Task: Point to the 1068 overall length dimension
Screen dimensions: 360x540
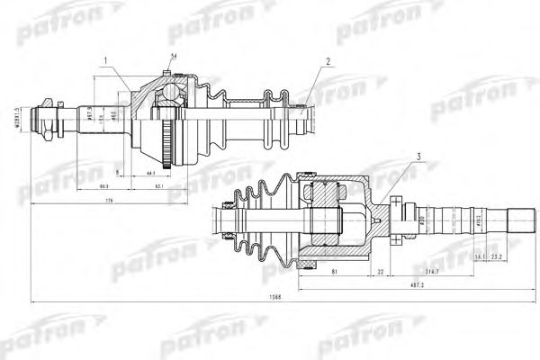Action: (x=272, y=296)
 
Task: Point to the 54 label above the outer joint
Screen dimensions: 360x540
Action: (x=173, y=58)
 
